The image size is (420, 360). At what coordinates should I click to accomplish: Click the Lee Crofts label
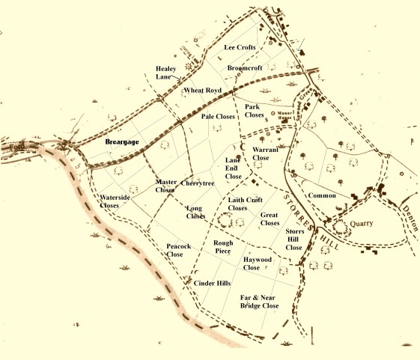pyautogui.click(x=240, y=47)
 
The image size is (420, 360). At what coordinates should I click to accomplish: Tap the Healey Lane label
pyautogui.click(x=166, y=73)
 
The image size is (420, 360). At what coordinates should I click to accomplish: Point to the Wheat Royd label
pyautogui.click(x=202, y=90)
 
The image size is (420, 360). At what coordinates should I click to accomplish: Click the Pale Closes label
pyautogui.click(x=218, y=117)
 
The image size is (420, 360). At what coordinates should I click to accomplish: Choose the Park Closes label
pyautogui.click(x=255, y=111)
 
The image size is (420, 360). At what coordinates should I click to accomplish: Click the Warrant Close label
pyautogui.click(x=266, y=154)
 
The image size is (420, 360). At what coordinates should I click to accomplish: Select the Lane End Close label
pyautogui.click(x=234, y=168)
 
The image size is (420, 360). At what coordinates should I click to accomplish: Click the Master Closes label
pyautogui.click(x=165, y=186)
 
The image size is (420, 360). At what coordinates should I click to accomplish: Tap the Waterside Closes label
pyautogui.click(x=120, y=201)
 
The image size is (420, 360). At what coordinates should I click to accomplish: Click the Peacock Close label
pyautogui.click(x=180, y=250)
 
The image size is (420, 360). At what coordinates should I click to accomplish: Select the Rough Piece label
pyautogui.click(x=223, y=247)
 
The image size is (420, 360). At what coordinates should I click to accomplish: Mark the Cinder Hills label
pyautogui.click(x=212, y=284)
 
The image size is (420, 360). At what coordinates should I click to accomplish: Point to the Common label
pyautogui.click(x=322, y=195)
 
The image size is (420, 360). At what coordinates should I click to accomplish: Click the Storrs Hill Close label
pyautogui.click(x=294, y=240)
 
